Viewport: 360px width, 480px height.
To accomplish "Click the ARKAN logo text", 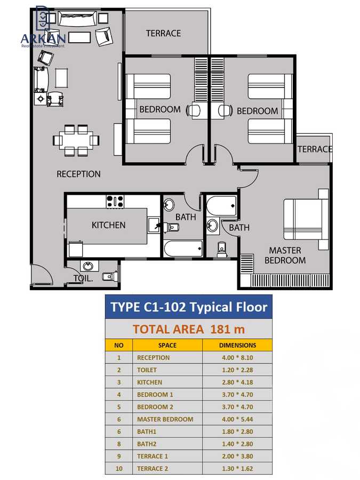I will pos(43,38).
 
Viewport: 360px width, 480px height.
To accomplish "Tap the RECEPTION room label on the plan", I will pos(78,174).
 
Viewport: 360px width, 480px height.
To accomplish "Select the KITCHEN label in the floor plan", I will pos(108,225).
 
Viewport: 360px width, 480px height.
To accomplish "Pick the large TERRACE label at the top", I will pos(163,33).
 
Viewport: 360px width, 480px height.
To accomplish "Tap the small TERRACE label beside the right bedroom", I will pos(315,149).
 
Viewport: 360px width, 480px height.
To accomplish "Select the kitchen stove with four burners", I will pos(115,201).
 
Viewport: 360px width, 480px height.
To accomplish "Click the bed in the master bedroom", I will pos(305,219).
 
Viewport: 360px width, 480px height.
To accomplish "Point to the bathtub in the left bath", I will pos(183,249).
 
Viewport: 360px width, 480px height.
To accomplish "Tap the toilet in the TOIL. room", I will pos(109,276).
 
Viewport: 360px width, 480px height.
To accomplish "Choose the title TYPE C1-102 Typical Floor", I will pos(188,307).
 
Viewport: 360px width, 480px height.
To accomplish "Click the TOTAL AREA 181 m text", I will pos(188,329).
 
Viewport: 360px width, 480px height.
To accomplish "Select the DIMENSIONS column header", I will pos(237,345).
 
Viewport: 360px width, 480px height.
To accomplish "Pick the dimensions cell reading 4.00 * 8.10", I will pos(237,357).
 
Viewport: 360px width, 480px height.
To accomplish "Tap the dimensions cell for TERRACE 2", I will pos(237,468).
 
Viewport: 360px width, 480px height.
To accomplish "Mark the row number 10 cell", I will pos(119,468).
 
